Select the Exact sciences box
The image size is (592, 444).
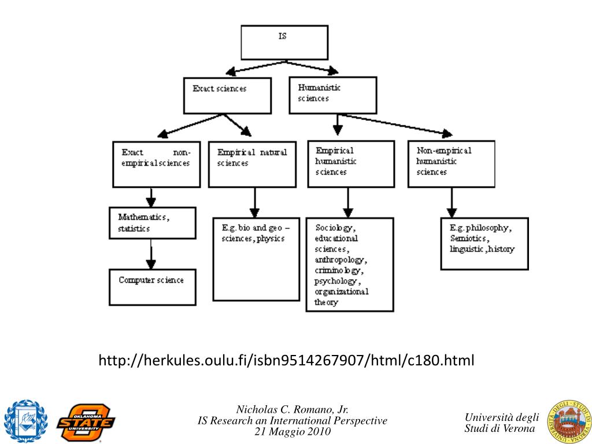tap(227, 95)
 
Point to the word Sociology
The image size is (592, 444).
tap(335, 227)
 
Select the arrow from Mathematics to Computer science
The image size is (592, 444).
tap(151, 254)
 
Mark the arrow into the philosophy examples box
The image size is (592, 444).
tap(452, 203)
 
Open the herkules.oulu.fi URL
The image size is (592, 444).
tap(286, 361)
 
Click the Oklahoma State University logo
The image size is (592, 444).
tap(86, 421)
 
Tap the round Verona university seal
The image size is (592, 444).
tap(569, 420)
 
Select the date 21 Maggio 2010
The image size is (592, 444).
tap(293, 432)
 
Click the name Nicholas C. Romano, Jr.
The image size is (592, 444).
tap(293, 410)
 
